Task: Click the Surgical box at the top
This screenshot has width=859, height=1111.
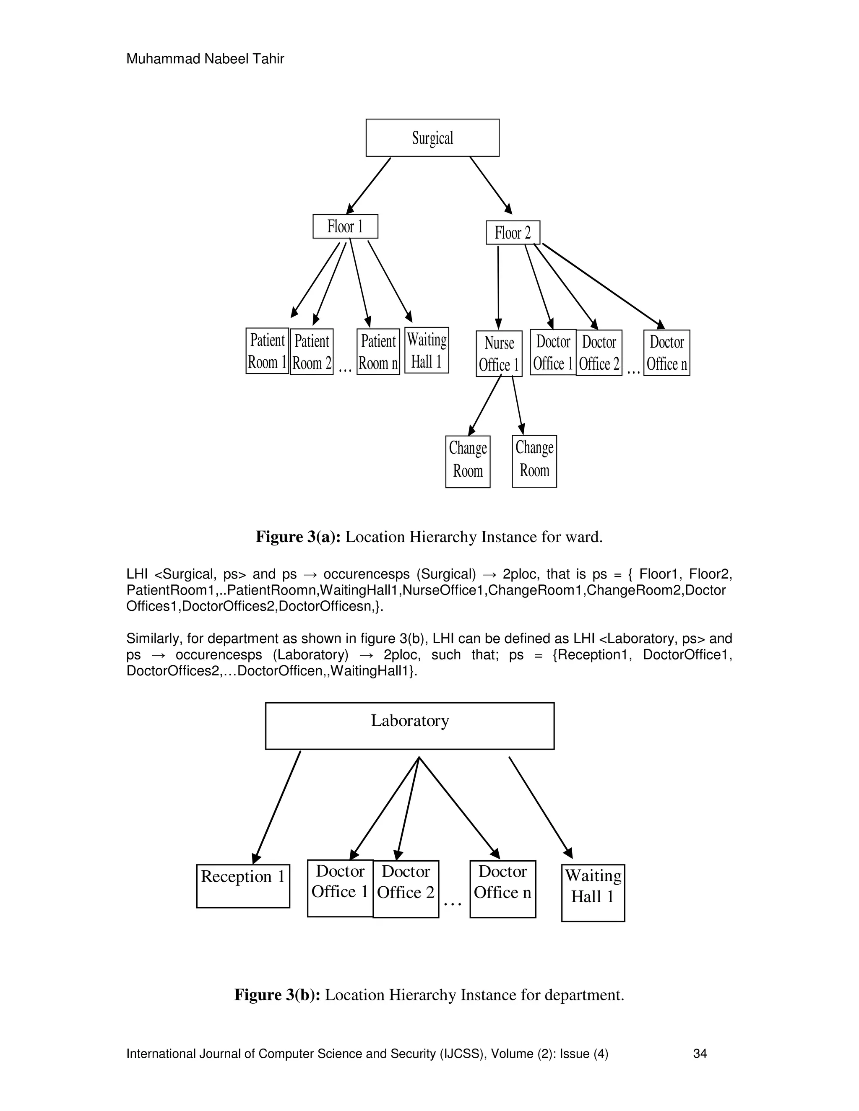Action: [432, 138]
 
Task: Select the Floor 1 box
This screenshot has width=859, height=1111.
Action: [345, 226]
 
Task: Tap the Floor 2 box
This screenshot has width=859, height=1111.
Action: [513, 233]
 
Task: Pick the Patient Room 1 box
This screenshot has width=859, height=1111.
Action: [267, 351]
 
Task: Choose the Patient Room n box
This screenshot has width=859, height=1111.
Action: [378, 352]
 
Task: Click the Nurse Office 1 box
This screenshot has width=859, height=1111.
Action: [499, 353]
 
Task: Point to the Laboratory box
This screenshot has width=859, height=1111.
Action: [410, 725]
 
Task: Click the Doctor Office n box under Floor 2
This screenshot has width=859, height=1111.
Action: [666, 353]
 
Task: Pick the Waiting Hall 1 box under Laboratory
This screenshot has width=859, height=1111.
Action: [593, 892]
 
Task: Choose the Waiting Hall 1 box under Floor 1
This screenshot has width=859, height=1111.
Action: [427, 350]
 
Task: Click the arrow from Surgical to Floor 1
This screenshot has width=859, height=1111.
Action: [368, 186]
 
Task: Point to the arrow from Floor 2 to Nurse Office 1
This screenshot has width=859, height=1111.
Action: [498, 288]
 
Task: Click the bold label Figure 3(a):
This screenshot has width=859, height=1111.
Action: [298, 537]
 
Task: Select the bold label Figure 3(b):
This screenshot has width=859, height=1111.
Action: [277, 994]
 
